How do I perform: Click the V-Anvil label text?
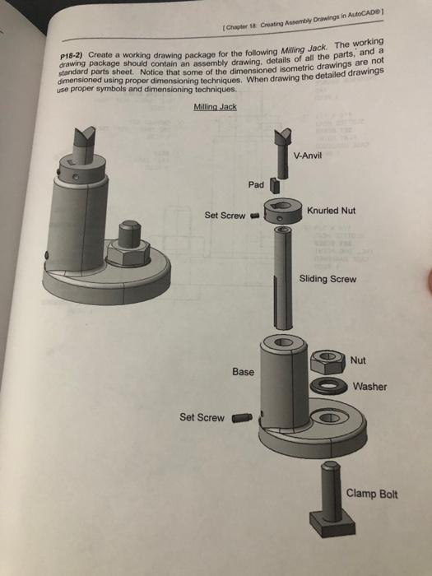(x=308, y=156)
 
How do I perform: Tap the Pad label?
(x=256, y=184)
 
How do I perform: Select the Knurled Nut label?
(x=331, y=211)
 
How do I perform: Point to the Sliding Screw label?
(x=327, y=279)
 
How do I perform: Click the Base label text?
(x=243, y=372)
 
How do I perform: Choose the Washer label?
(x=369, y=387)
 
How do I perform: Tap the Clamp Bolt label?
(x=371, y=494)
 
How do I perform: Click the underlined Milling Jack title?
(x=216, y=106)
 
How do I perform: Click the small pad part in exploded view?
(x=274, y=185)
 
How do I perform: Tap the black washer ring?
(x=329, y=386)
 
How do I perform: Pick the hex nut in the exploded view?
(x=327, y=361)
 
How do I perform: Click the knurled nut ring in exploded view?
(x=283, y=210)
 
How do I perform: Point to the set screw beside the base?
(x=242, y=418)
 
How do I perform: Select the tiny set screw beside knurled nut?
(x=254, y=216)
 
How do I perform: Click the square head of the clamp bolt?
(x=332, y=524)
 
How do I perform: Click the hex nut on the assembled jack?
(x=128, y=253)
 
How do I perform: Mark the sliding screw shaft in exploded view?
(x=283, y=278)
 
